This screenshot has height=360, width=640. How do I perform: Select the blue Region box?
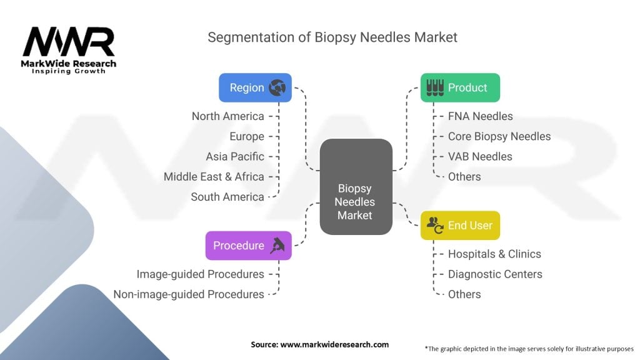[255, 87]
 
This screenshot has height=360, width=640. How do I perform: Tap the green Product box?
[460, 87]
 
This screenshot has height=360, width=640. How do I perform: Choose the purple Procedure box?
[248, 246]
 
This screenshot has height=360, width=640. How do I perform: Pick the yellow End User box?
[460, 226]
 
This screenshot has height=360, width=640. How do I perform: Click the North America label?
[227, 116]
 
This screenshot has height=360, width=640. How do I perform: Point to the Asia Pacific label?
[235, 156]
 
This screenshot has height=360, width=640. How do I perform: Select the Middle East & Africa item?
[214, 176]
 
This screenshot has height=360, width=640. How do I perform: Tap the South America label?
[227, 197]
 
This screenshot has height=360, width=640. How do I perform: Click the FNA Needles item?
[480, 116]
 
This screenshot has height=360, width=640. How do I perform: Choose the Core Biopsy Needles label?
[499, 136]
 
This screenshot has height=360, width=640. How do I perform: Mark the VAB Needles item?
[480, 156]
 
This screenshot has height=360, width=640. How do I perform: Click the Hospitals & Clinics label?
[494, 254]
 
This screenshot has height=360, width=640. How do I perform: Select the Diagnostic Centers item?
[495, 274]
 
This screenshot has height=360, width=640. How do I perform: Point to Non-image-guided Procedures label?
[189, 294]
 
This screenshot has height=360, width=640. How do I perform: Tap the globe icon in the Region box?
[277, 87]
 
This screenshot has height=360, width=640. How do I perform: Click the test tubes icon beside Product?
[435, 87]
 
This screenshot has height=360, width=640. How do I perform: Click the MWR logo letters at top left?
[69, 43]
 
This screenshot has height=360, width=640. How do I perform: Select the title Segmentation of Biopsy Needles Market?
[332, 37]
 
